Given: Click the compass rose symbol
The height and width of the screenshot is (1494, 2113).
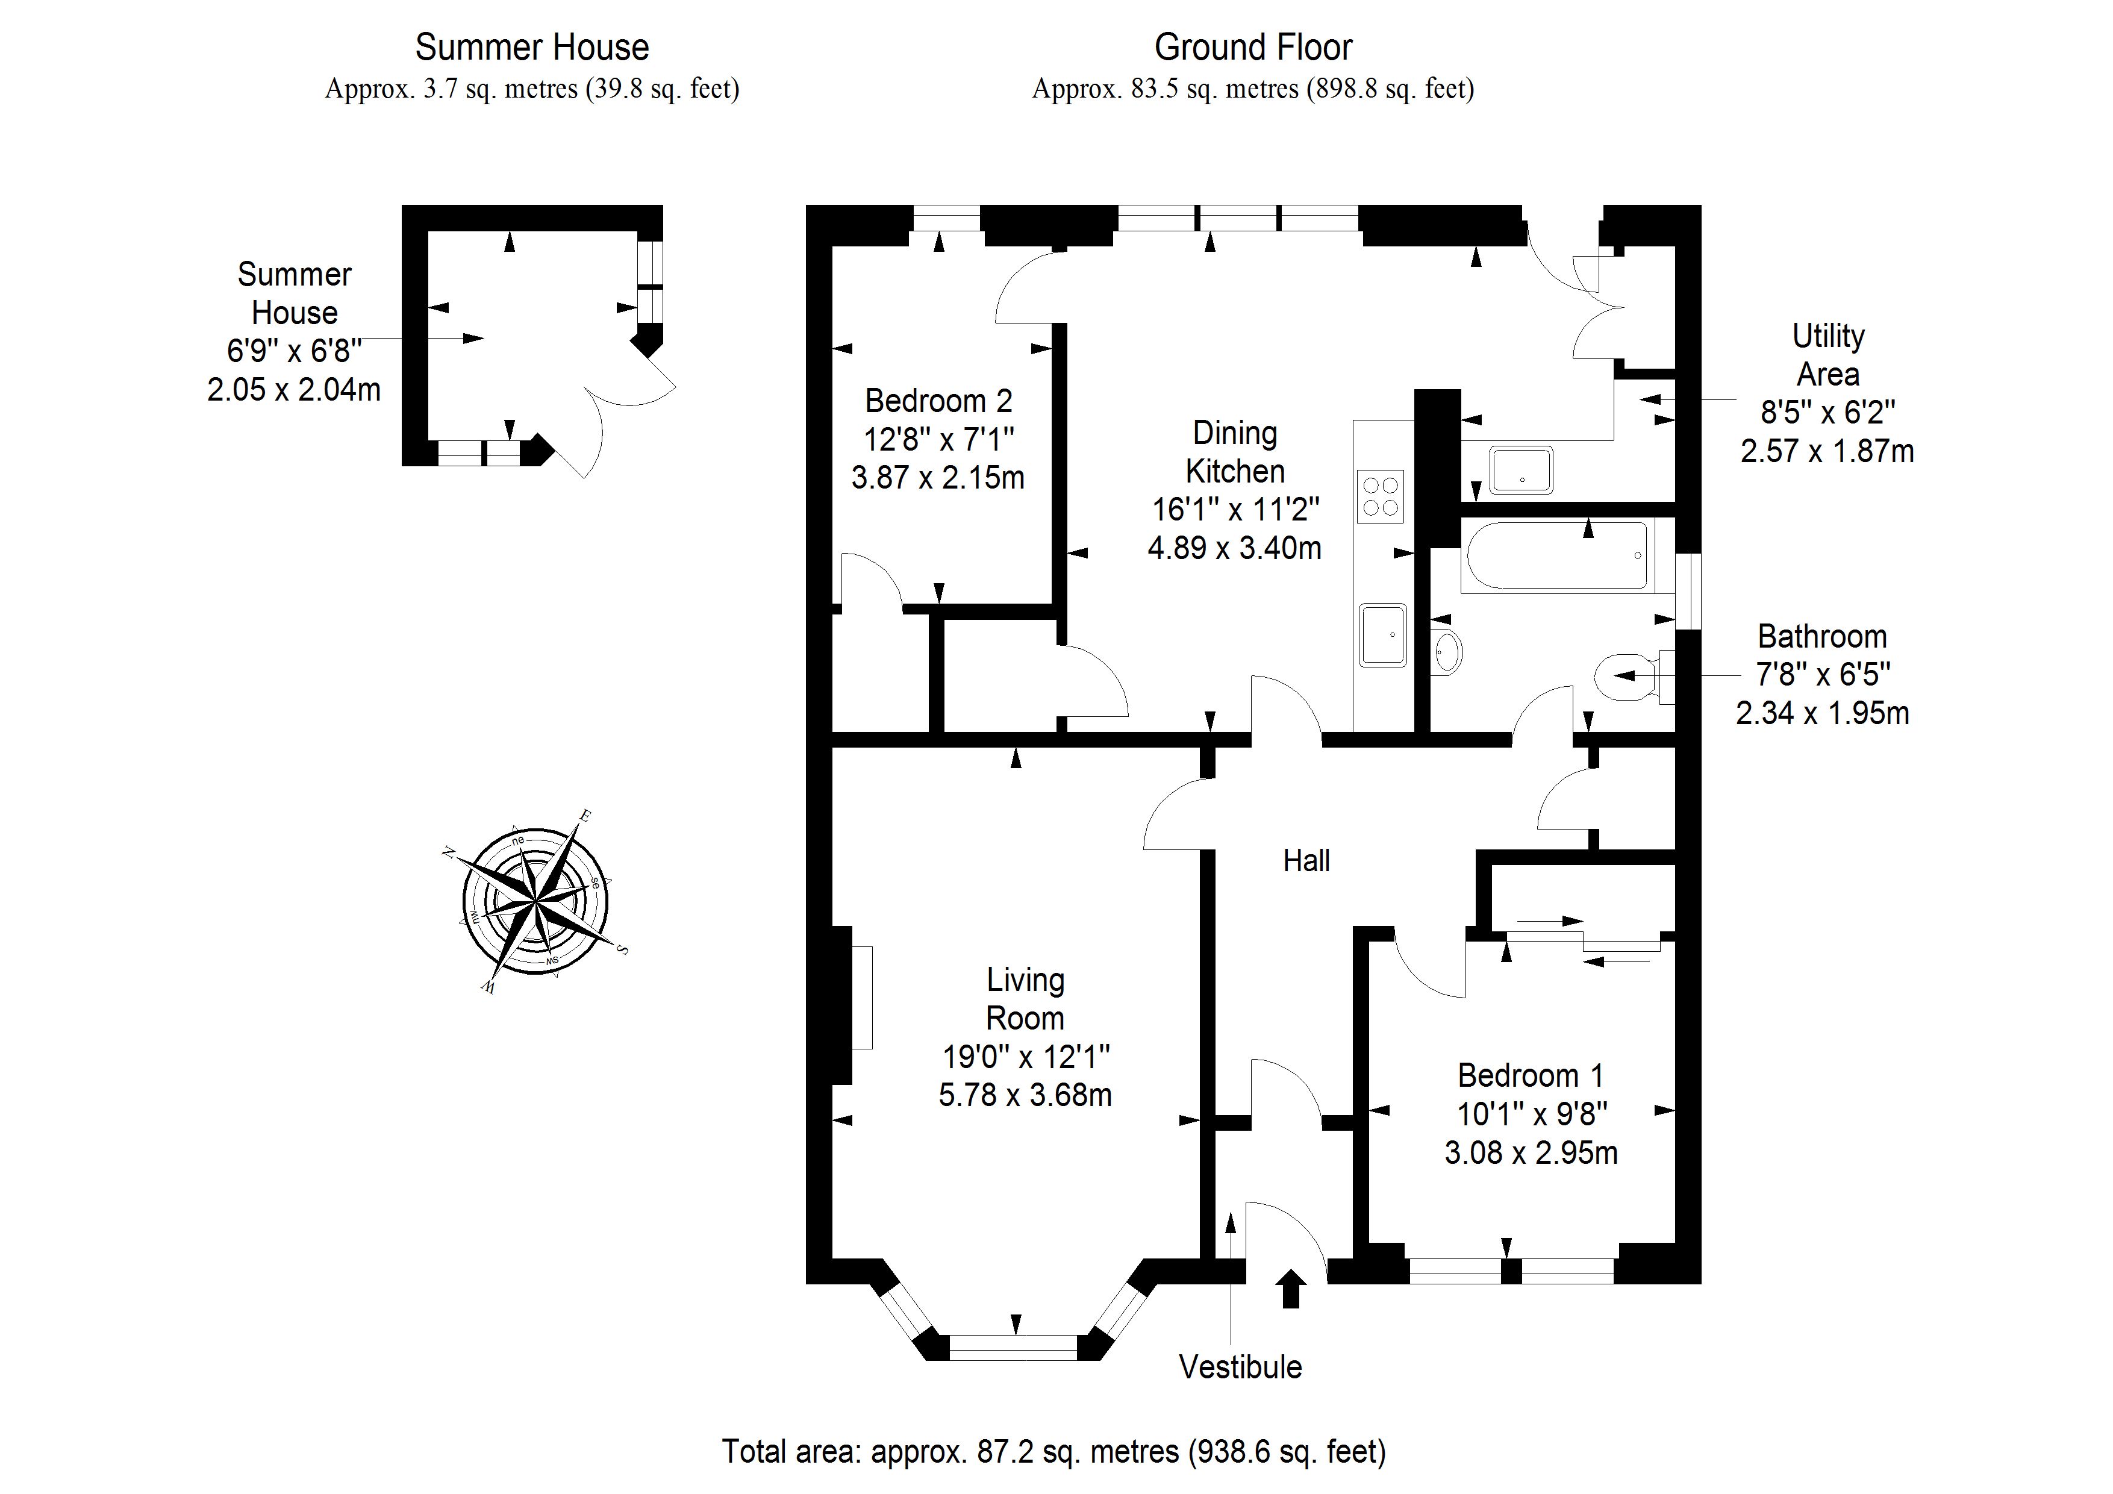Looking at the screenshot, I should click(x=535, y=900).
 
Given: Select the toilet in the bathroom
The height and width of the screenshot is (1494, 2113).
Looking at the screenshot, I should click(x=1631, y=677).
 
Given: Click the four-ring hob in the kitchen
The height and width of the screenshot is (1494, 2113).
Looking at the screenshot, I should click(x=1379, y=496).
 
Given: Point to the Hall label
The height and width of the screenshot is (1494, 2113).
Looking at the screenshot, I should click(x=1306, y=861).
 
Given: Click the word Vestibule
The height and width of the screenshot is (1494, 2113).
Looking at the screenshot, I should click(x=1240, y=1367).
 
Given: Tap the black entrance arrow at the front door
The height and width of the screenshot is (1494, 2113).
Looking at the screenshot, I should click(x=1291, y=1288).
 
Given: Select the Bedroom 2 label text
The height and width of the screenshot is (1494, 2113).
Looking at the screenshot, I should click(x=938, y=401).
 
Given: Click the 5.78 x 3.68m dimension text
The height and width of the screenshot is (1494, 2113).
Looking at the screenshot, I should click(x=1025, y=1095).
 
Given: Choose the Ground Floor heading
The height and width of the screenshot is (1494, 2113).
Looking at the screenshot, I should click(x=1252, y=47).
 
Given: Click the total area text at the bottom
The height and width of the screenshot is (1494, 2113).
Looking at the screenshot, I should click(x=1053, y=1452).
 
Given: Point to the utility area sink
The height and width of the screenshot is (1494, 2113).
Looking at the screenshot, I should click(x=1520, y=469).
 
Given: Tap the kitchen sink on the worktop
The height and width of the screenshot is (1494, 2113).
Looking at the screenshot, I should click(x=1382, y=634).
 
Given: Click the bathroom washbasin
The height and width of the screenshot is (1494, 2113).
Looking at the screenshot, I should click(x=1447, y=652).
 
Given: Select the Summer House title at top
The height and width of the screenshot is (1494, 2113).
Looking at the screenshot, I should click(x=532, y=47).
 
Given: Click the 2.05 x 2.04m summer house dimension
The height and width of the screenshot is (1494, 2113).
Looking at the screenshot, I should click(x=293, y=390).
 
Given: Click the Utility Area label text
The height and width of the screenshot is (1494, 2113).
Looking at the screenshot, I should click(x=1827, y=355).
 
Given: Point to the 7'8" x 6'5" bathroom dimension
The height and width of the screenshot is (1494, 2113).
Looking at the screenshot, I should click(x=1822, y=675).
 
